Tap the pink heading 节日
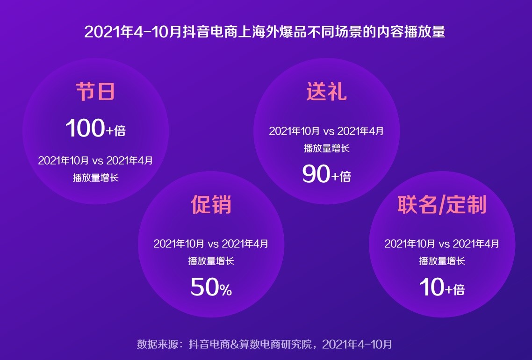tap(95, 92)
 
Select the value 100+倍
tap(95, 129)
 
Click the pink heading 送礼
tap(326, 92)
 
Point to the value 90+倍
tap(326, 175)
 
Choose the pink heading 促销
tap(211, 204)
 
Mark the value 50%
tap(211, 288)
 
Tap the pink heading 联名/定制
tap(442, 204)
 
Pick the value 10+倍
tap(442, 288)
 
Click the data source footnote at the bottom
tap(265, 345)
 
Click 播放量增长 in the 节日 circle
tap(95, 178)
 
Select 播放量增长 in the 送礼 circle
tap(326, 149)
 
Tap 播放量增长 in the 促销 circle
tap(211, 261)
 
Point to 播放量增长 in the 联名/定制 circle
tap(442, 261)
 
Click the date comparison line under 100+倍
tap(95, 161)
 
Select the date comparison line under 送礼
tap(326, 131)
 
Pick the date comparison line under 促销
tap(211, 244)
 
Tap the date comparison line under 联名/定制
tap(442, 244)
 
